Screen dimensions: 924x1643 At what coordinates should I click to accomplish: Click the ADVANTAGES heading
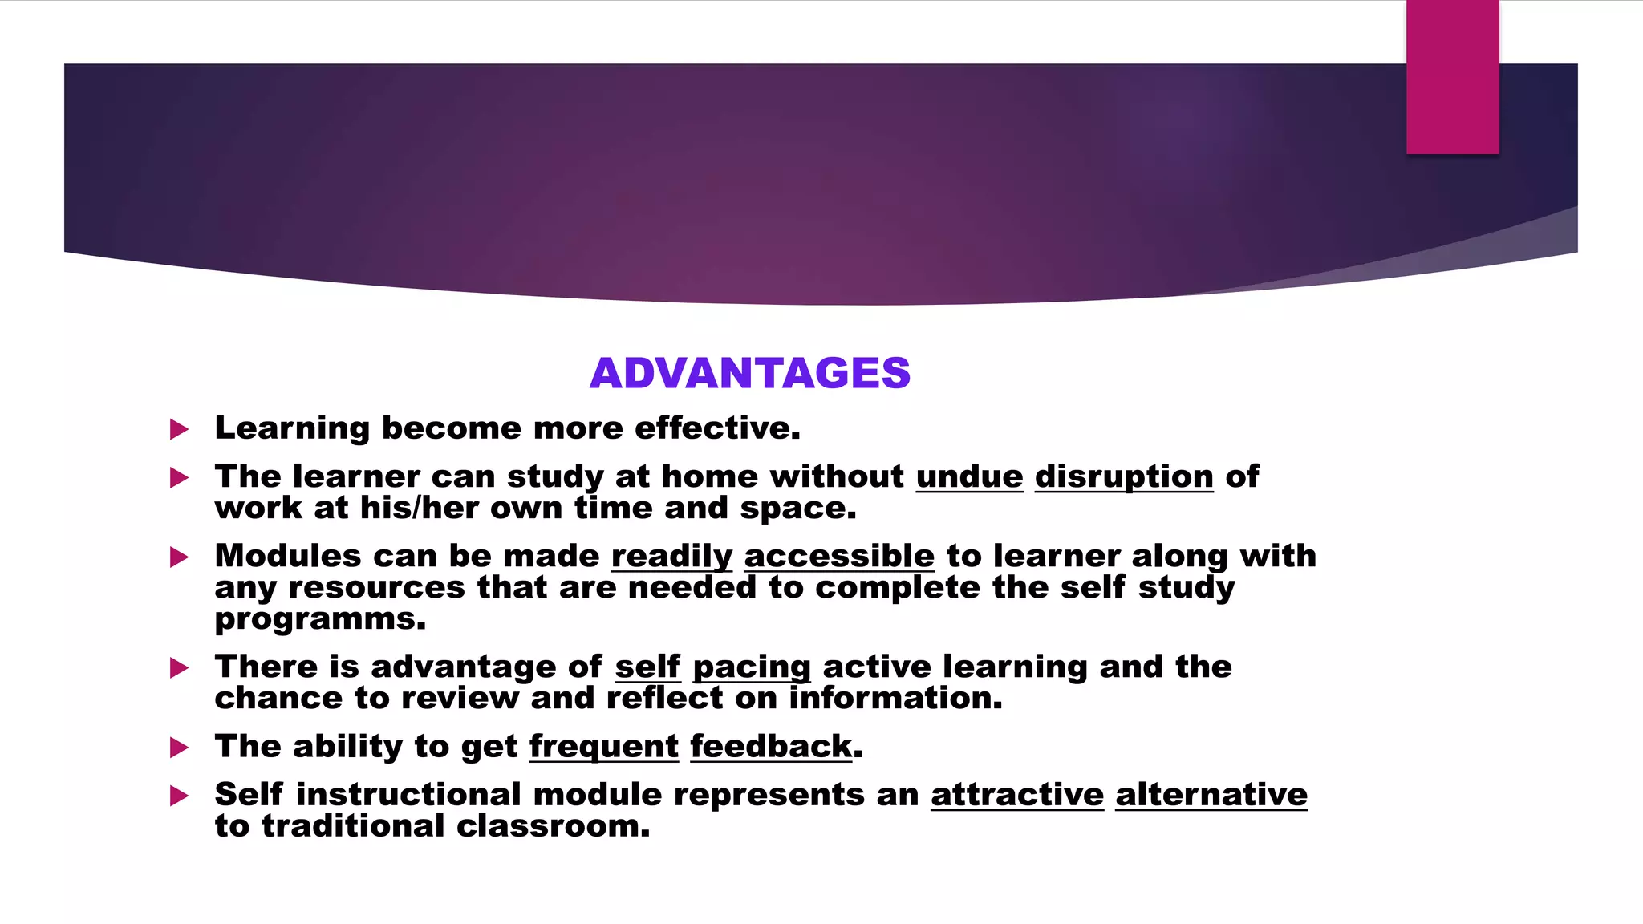(750, 373)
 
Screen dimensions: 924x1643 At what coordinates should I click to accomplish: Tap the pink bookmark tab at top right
(1452, 77)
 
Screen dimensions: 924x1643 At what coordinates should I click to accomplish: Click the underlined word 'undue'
(969, 476)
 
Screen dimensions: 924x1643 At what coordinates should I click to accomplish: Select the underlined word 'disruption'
(1123, 476)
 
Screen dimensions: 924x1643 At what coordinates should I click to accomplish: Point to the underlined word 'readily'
(671, 556)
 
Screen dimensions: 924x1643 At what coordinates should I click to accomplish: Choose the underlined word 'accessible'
(839, 556)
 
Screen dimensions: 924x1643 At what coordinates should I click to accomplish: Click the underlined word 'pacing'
(752, 667)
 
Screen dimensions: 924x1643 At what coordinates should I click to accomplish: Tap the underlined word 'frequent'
(603, 747)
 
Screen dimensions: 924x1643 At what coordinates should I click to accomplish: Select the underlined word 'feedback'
(770, 747)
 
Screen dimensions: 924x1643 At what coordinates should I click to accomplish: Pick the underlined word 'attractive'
(1017, 795)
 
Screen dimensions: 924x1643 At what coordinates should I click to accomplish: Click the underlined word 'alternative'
(1211, 795)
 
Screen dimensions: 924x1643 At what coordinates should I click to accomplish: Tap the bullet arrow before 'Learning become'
(179, 429)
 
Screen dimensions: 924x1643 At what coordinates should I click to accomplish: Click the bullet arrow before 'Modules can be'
(179, 557)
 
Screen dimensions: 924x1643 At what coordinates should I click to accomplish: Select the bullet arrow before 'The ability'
(179, 748)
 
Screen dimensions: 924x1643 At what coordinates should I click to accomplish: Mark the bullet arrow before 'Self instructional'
(179, 796)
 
